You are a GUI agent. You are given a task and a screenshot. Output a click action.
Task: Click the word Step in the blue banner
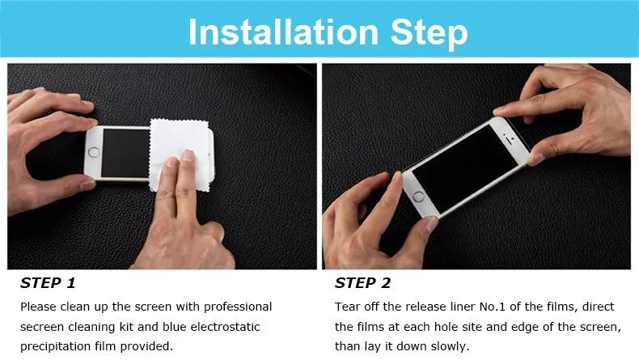(430, 33)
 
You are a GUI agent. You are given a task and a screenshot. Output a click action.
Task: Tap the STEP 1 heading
(48, 283)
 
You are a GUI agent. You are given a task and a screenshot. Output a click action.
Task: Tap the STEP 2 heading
(362, 283)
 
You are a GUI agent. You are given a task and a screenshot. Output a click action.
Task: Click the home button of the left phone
(94, 152)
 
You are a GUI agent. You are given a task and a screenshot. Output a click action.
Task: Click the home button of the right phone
(418, 197)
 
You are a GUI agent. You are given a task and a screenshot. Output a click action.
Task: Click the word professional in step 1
(238, 307)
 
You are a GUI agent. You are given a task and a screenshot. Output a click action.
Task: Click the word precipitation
(56, 346)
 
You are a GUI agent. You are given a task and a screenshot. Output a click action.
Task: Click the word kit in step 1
(126, 327)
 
